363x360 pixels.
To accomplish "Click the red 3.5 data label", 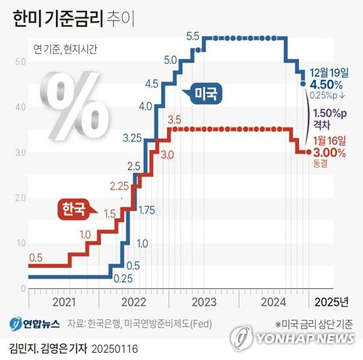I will (174, 119).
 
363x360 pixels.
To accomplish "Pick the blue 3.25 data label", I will (132, 137).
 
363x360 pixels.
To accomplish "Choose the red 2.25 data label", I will (118, 187).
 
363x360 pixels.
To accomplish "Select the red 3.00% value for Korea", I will (330, 153).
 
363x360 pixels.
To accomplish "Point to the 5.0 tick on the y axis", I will (20, 62).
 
